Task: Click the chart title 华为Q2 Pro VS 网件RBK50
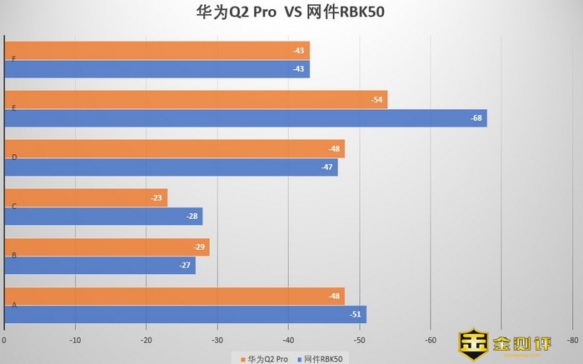(x=291, y=12)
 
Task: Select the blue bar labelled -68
(x=246, y=118)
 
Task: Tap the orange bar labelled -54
(x=196, y=100)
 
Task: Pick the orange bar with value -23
(x=86, y=198)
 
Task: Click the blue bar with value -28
(x=103, y=217)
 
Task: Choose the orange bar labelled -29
(x=107, y=247)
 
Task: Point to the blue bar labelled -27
(x=100, y=266)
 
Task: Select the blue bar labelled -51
(x=185, y=315)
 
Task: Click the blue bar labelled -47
(x=171, y=167)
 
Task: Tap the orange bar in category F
(x=157, y=51)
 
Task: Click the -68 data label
(x=476, y=118)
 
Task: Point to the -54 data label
(x=377, y=100)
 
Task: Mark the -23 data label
(x=157, y=198)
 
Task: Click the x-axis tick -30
(x=217, y=341)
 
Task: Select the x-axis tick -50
(x=359, y=341)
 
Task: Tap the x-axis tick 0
(x=5, y=341)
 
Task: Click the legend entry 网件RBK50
(x=320, y=358)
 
